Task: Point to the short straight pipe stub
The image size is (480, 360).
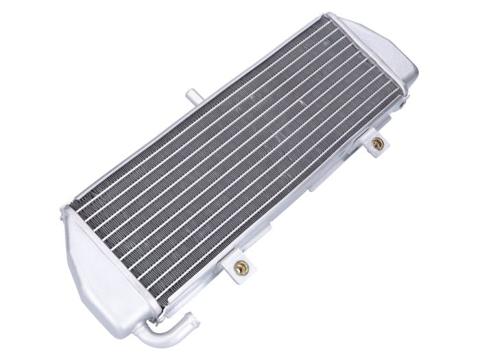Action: coord(191,95)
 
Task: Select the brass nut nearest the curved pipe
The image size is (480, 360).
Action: coord(241,268)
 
